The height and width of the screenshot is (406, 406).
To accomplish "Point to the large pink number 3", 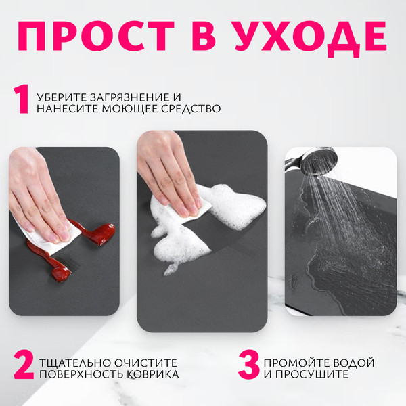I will click(248, 365).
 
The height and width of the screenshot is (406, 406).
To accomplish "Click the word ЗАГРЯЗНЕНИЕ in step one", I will click(133, 97).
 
